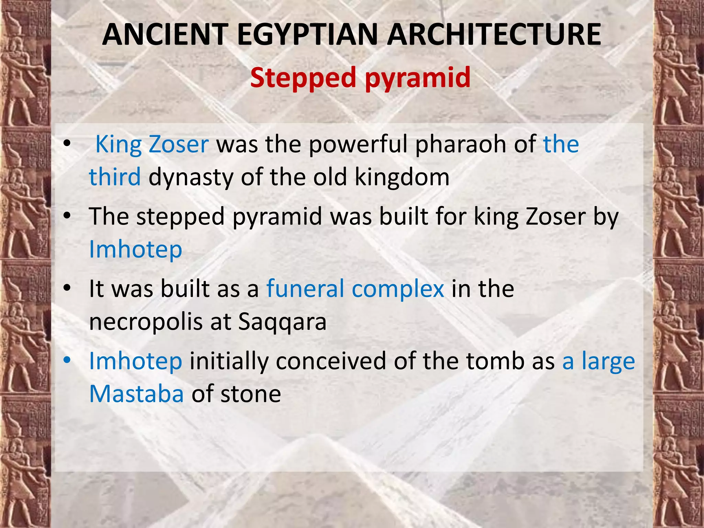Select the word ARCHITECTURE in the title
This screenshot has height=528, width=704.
coord(494,34)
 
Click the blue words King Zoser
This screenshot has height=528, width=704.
coord(152,144)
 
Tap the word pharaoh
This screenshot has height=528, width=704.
coord(461,144)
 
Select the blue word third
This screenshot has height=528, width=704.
coord(115,177)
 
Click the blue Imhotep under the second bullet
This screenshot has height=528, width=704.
coord(135,249)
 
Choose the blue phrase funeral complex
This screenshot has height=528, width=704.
coord(355,289)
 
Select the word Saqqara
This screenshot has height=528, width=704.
coord(282,322)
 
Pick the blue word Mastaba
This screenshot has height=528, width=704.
coord(136,394)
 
